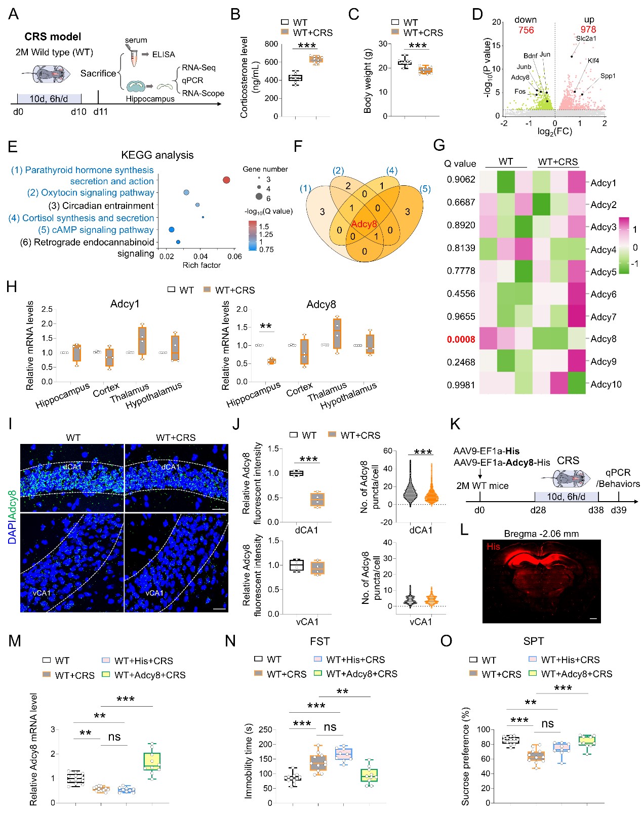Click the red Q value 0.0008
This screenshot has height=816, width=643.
[461, 339]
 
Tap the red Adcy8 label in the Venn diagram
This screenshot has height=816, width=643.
[364, 224]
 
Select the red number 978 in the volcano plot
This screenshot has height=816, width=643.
[588, 30]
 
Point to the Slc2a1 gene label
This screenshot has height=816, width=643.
[586, 38]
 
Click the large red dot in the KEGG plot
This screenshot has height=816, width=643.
[226, 180]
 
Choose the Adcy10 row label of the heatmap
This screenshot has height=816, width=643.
[606, 384]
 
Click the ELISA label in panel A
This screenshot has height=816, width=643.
[164, 54]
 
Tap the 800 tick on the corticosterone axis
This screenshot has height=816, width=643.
[271, 44]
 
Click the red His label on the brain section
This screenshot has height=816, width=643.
[494, 546]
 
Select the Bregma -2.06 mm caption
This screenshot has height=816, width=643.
[541, 534]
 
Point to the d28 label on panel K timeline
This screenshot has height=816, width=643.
[538, 510]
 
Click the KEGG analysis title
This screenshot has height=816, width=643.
[157, 155]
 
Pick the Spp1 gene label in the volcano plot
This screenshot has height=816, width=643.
[608, 76]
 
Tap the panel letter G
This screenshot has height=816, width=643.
[439, 145]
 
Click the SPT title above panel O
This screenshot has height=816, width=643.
[533, 641]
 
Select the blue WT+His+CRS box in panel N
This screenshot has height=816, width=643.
[344, 754]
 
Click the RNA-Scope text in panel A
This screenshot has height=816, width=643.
[203, 93]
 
